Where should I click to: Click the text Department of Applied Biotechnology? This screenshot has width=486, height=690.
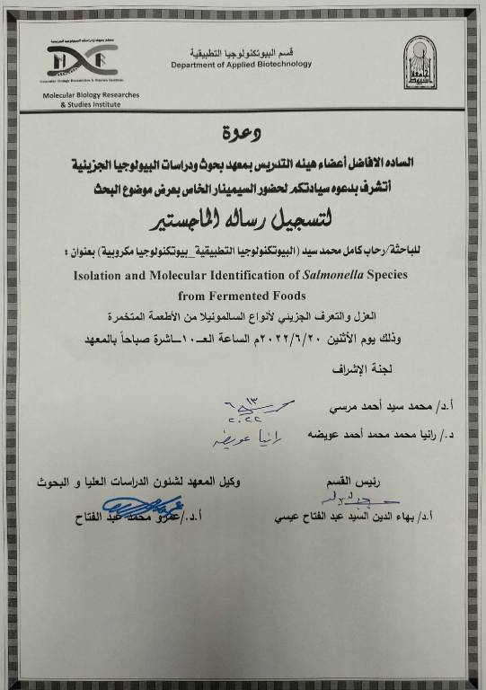coord(242,64)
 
